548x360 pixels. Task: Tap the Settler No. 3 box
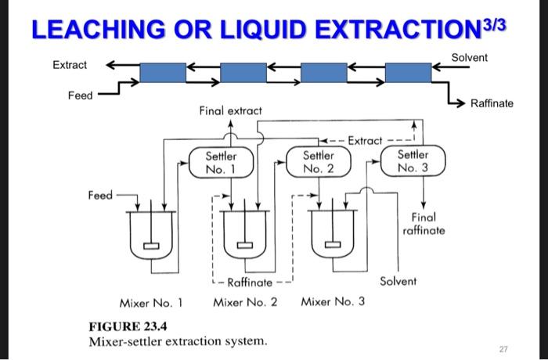pos(413,162)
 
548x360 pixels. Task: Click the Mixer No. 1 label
pos(151,301)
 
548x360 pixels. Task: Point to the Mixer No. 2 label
pos(245,301)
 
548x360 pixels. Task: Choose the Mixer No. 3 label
pos(333,301)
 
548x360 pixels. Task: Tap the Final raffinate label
pos(424,224)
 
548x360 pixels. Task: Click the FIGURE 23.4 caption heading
pos(128,326)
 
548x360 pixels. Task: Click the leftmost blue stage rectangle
pos(163,71)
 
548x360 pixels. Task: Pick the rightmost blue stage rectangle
pos(408,71)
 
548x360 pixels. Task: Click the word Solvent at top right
pos(469,58)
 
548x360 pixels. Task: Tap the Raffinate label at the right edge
pos(492,103)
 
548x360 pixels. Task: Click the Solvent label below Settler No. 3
pos(398,280)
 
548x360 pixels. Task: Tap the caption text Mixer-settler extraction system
pos(177,342)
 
